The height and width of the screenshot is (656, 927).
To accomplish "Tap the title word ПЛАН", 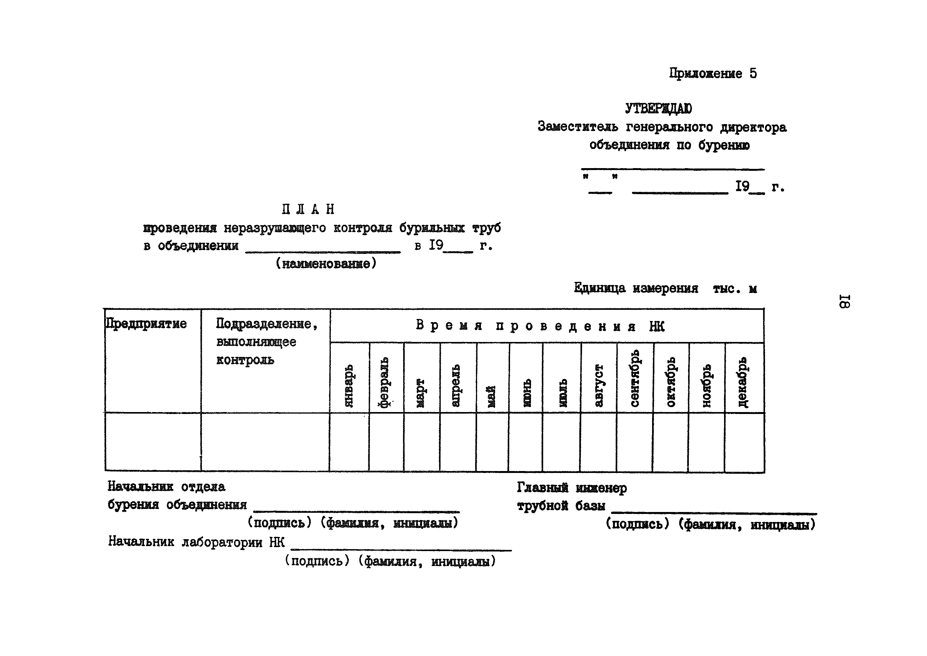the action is pyautogui.click(x=308, y=209).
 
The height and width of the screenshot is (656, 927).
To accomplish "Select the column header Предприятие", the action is pyautogui.click(x=146, y=324).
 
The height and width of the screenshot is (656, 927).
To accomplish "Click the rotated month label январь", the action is pyautogui.click(x=349, y=385).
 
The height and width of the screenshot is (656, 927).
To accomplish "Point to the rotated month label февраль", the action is pyautogui.click(x=384, y=382).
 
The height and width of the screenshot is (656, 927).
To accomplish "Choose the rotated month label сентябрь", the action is pyautogui.click(x=634, y=378).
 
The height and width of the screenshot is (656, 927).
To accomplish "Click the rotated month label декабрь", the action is pyautogui.click(x=742, y=382).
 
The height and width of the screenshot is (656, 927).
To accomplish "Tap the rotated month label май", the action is pyautogui.click(x=492, y=396).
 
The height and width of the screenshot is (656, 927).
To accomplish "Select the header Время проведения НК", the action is pyautogui.click(x=540, y=326).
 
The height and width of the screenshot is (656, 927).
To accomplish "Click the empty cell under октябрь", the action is pyautogui.click(x=670, y=442).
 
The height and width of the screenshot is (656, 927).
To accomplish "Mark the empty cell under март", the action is pyautogui.click(x=422, y=442).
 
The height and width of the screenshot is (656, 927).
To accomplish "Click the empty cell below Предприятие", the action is pyautogui.click(x=153, y=442).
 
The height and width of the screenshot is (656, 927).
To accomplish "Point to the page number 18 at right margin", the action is pyautogui.click(x=845, y=301).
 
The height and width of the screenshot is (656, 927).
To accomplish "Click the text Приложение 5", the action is pyautogui.click(x=713, y=74).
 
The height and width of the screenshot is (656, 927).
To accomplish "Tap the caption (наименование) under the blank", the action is pyautogui.click(x=326, y=264).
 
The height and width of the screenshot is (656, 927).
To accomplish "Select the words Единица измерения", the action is pyautogui.click(x=636, y=288).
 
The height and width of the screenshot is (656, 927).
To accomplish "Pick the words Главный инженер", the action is pyautogui.click(x=572, y=488).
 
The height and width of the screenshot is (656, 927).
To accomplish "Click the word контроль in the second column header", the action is pyautogui.click(x=245, y=360).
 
